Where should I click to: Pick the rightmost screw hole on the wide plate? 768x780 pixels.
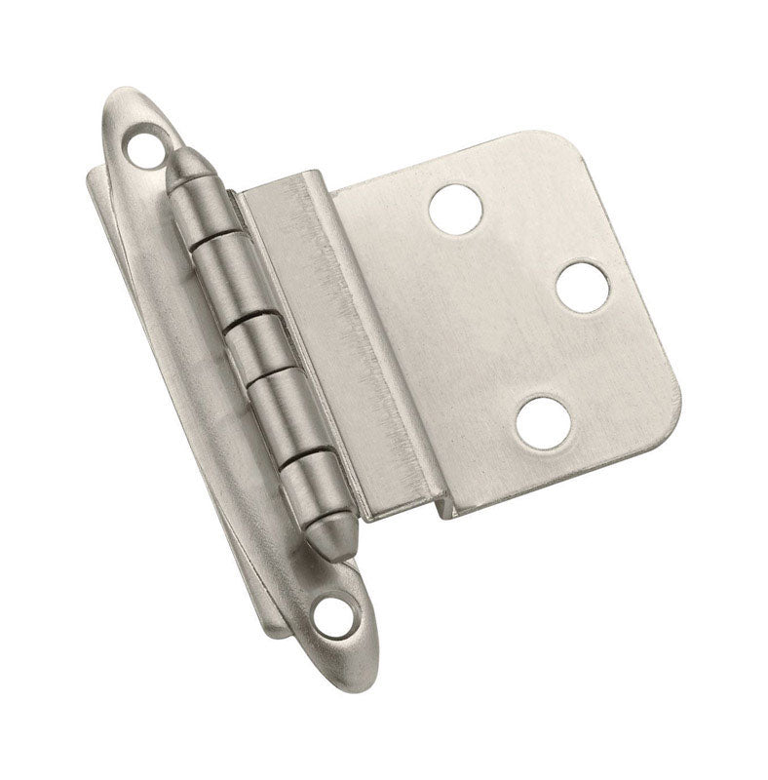(584, 285)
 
